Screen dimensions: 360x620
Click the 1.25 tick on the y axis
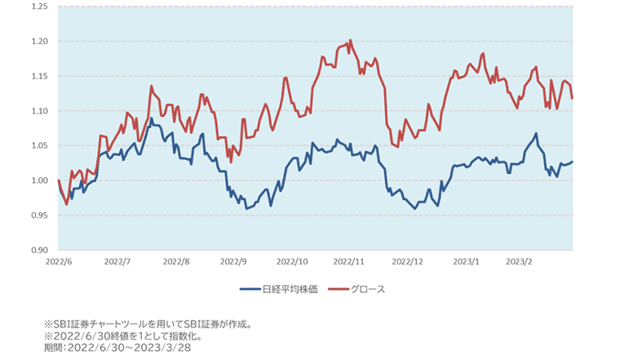(x=38, y=7)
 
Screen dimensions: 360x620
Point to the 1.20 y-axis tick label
(x=38, y=42)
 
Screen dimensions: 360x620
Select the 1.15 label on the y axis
(x=38, y=76)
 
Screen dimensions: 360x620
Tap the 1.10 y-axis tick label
(x=38, y=111)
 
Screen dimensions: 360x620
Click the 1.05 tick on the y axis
(x=38, y=145)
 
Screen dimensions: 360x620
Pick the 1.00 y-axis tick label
(x=38, y=180)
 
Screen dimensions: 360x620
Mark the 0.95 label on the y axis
(x=38, y=215)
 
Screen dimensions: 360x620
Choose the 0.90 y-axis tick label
(x=38, y=250)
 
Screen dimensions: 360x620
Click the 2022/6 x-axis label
(x=60, y=263)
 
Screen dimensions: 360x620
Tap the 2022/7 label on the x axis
(x=117, y=263)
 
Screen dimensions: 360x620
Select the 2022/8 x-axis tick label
(x=176, y=263)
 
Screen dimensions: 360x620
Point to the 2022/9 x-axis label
(x=233, y=263)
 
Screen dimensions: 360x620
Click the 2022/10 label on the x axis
(x=292, y=263)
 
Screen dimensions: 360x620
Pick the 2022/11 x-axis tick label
(x=349, y=263)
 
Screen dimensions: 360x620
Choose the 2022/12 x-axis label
(x=407, y=263)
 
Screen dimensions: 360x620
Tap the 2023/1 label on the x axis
(x=465, y=263)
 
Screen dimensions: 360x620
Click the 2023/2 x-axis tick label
(x=519, y=263)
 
